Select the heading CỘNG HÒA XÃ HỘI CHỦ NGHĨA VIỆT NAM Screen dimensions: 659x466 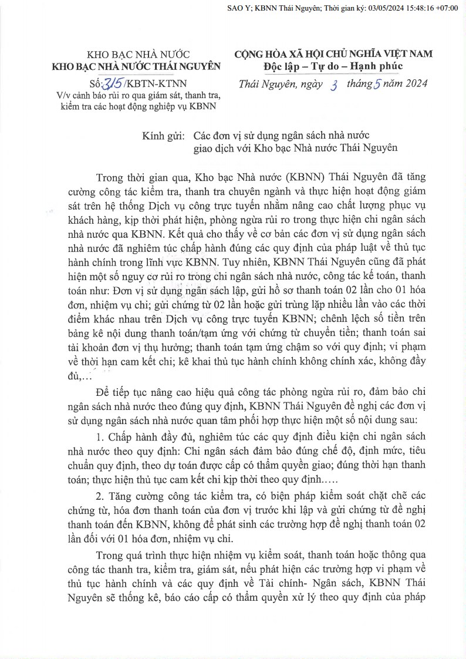pyautogui.click(x=333, y=53)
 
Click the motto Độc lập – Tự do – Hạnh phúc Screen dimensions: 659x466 pyautogui.click(x=333, y=65)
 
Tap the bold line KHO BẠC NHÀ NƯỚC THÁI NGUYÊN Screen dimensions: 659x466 pyautogui.click(x=136, y=66)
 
